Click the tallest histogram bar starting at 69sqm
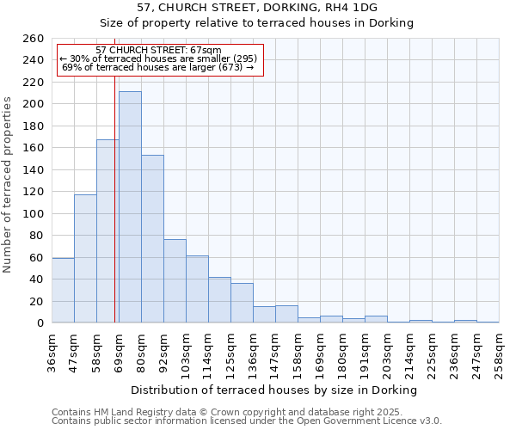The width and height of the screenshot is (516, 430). [x=130, y=207]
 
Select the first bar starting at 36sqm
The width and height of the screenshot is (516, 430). [x=63, y=290]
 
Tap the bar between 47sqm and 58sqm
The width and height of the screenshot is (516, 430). [x=85, y=258]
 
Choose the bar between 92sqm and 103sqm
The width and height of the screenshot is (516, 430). [x=175, y=280]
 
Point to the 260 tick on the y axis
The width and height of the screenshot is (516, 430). [x=34, y=39]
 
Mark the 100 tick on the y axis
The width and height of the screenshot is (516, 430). [x=34, y=213]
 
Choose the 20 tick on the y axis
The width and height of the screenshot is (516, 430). [x=37, y=301]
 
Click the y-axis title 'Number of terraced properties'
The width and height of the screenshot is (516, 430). [x=9, y=185]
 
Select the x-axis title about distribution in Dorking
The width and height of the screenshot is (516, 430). [x=275, y=390]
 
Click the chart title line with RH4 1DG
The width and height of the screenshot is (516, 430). [x=257, y=8]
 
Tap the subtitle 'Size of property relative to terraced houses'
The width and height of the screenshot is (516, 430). [x=257, y=23]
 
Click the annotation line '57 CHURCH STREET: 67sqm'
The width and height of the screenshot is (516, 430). [x=158, y=51]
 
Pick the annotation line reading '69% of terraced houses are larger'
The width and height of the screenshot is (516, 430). [x=158, y=67]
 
